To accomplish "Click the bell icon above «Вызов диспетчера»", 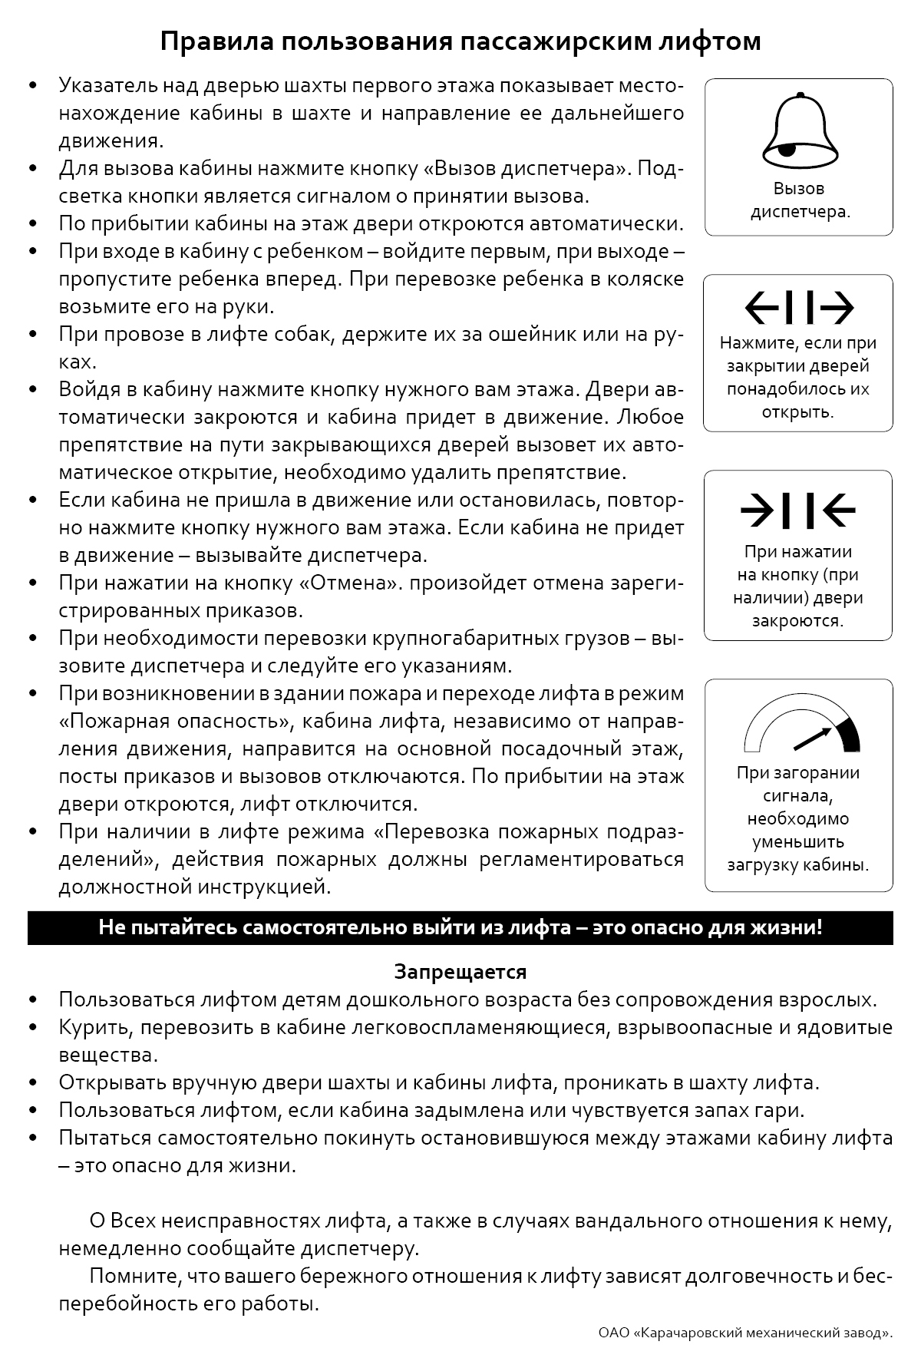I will coord(798,126).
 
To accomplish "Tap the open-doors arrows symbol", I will coord(798,309).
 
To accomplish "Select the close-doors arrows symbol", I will coord(798,510).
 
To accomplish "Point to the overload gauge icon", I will coord(801,729).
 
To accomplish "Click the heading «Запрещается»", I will coord(460,972).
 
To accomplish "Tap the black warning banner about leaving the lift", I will coord(460,927).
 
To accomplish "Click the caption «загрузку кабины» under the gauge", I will coord(798,865).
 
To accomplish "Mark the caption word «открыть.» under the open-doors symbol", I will coord(798,412).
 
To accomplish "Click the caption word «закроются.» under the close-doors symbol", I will coord(798,620).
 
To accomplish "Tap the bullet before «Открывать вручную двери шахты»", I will coord(32,1083).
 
